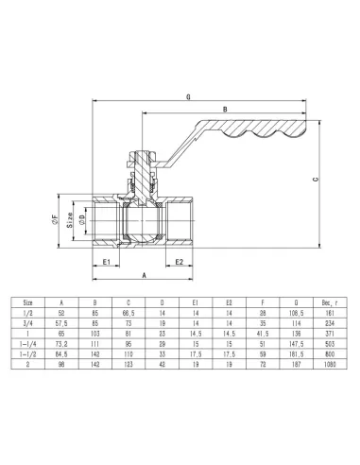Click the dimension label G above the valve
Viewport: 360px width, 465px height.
click(191, 97)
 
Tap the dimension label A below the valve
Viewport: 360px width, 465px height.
click(143, 275)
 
